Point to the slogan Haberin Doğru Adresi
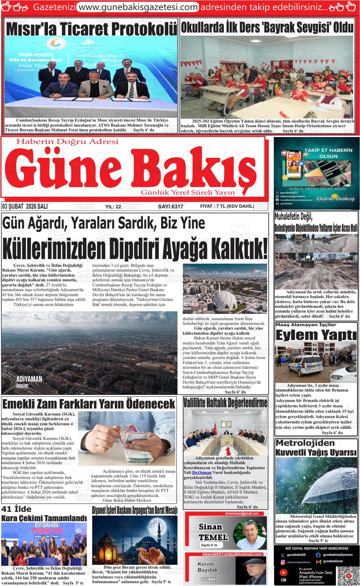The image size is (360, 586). tap(67, 142)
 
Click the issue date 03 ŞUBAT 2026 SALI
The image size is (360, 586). tap(25, 206)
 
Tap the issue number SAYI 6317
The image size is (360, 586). tap(171, 206)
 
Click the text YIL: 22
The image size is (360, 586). tap(113, 207)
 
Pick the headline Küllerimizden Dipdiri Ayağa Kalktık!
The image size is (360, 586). tap(135, 249)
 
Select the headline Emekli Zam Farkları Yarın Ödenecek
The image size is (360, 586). tap(89, 404)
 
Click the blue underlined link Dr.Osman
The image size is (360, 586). tap(202, 473)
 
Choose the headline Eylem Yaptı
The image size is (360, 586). tap(316, 335)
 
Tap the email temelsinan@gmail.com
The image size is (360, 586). tap(242, 513)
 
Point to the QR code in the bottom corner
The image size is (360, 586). tap(348, 571)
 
